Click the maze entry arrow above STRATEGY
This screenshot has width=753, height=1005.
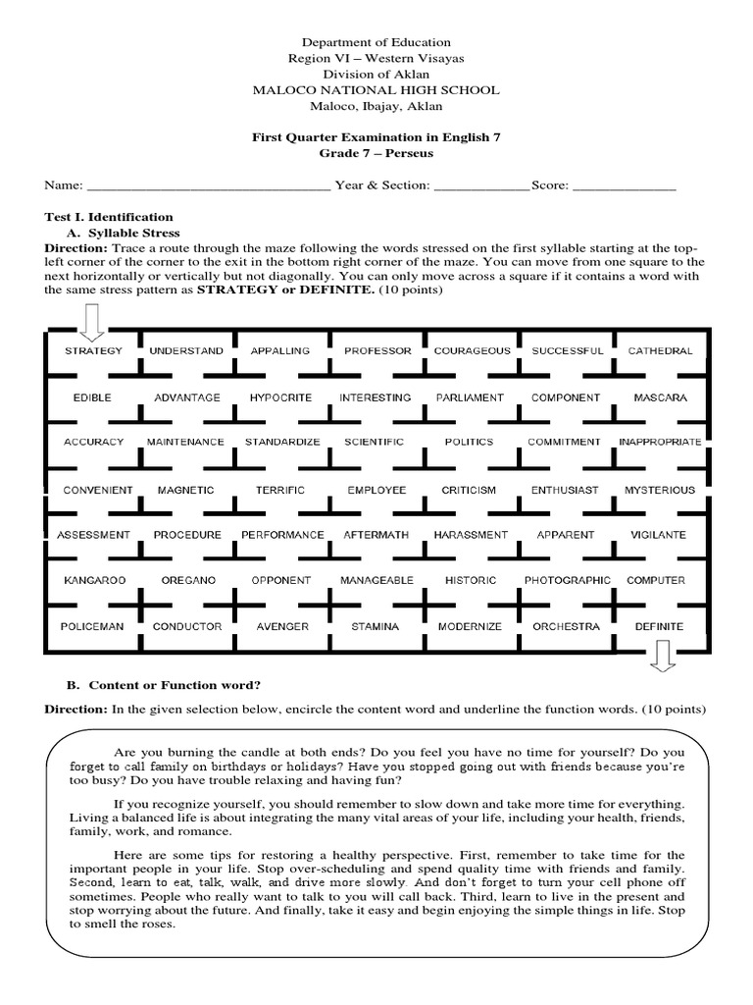(92, 320)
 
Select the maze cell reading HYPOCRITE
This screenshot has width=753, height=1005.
(280, 397)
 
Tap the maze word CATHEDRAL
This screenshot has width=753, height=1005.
(660, 350)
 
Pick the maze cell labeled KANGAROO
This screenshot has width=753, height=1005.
(94, 580)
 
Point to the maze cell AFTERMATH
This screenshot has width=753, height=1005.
(375, 535)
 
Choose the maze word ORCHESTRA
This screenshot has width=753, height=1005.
(565, 626)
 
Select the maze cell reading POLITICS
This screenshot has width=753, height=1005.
(469, 442)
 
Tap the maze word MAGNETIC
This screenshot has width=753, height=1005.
(185, 489)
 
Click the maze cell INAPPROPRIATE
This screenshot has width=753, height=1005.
(660, 442)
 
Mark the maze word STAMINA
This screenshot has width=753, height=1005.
(375, 626)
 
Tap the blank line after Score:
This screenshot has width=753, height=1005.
(624, 185)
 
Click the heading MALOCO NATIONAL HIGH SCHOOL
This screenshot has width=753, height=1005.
(376, 90)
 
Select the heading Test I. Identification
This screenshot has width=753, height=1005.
(110, 217)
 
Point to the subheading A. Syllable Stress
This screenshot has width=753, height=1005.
(123, 233)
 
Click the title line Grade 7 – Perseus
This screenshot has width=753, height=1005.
(376, 154)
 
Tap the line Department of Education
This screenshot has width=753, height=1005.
(376, 42)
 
